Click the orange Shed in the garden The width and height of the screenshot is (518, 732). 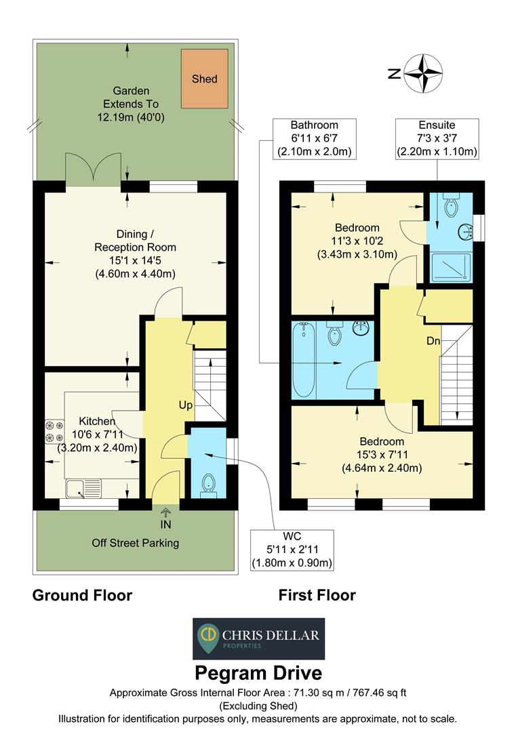pos(204,79)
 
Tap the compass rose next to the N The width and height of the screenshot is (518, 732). pos(424,74)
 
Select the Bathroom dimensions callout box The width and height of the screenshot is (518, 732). pos(314,138)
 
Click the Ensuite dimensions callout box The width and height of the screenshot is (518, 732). pos(437,138)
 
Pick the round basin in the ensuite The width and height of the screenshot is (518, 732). pos(466,231)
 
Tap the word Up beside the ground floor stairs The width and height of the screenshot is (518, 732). pos(186,405)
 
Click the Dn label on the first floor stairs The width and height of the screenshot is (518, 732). pos(433,341)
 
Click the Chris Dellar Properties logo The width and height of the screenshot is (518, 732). pos(258,638)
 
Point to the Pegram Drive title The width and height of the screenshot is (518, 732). pos(258,673)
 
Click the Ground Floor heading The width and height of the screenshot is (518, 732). pos(82,596)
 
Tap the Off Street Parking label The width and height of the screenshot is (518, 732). pos(136,543)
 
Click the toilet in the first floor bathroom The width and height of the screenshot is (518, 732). pos(334,333)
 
